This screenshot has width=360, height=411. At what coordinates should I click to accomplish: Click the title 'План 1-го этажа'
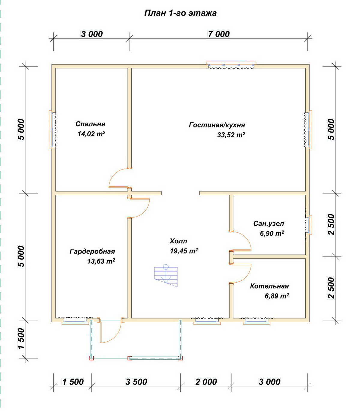point(180,13)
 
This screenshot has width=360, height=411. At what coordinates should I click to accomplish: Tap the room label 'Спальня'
point(90,124)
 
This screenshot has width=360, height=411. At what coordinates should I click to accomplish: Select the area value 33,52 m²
point(231,135)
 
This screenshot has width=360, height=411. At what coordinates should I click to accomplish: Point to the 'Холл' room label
point(178,241)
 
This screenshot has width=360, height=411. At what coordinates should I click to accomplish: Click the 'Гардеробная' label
point(92,251)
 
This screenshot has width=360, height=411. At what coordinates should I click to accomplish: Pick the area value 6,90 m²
point(272,233)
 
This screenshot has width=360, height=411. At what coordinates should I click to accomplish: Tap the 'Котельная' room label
point(269,286)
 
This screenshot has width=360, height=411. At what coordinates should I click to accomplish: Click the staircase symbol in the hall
point(166,275)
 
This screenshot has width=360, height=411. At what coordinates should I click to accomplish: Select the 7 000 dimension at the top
point(219,34)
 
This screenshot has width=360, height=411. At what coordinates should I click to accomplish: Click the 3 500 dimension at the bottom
point(136,382)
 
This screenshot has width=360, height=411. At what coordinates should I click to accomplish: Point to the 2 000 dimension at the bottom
point(206,382)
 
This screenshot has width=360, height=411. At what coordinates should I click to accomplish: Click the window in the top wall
point(231,65)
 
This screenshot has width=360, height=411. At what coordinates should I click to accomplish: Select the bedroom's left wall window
point(52,130)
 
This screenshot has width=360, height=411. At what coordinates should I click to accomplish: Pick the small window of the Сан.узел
point(308,225)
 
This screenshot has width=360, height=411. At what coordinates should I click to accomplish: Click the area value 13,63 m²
point(101,261)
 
